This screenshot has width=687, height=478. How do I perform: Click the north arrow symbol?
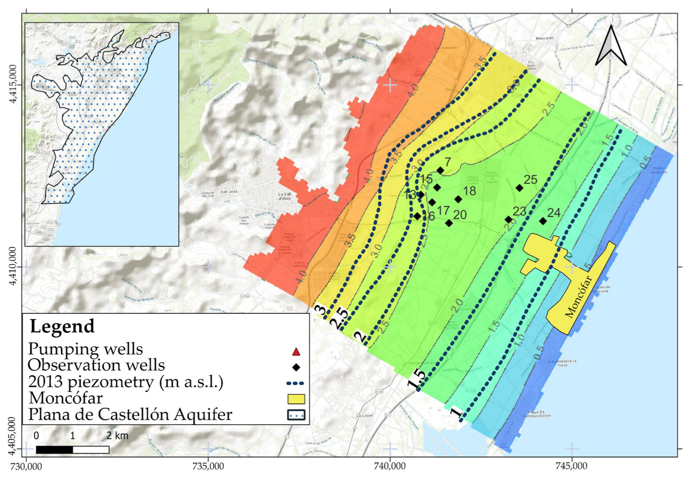[611, 46]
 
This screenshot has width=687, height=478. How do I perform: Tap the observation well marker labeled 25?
[519, 188]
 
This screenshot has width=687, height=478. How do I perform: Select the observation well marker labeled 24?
[543, 221]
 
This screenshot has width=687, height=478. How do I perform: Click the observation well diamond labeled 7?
[440, 171]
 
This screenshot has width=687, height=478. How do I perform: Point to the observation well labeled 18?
[458, 199]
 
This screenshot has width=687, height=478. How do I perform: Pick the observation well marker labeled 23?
[509, 220]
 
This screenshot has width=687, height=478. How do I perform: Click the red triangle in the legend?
[296, 352]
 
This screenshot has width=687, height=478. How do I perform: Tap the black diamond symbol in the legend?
[296, 368]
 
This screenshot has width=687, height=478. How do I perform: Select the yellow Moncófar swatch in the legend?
[296, 399]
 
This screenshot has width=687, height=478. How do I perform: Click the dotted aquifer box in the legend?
[296, 415]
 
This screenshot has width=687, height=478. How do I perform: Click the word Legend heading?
[62, 326]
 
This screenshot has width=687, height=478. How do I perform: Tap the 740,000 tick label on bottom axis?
[390, 467]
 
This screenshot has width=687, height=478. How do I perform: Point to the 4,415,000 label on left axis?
[13, 84]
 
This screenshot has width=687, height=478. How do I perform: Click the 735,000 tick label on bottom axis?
[208, 467]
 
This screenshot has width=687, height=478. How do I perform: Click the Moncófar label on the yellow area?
[579, 297]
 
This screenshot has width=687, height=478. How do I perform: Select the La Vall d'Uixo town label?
[284, 196]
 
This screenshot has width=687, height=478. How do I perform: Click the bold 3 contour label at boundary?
[320, 310]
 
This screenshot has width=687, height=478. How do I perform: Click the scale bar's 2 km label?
[117, 435]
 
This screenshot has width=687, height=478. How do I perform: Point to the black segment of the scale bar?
[54, 450]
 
